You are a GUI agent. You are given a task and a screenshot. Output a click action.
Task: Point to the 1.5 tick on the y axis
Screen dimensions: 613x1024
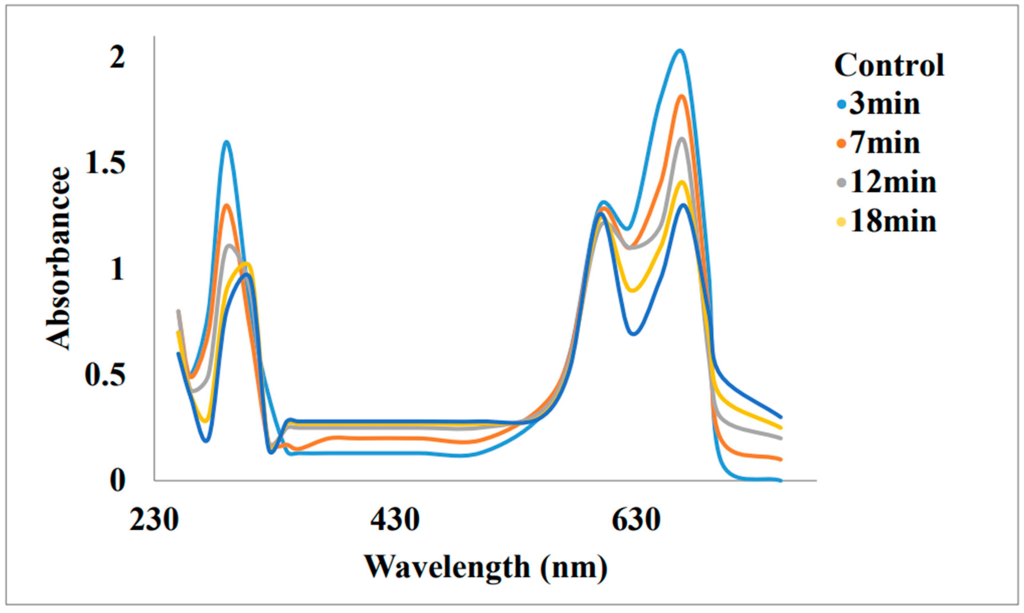pyautogui.click(x=105, y=163)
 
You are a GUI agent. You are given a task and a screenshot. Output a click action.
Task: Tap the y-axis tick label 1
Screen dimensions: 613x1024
pyautogui.click(x=117, y=270)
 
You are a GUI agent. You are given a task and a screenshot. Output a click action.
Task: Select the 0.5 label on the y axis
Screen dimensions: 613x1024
pyautogui.click(x=105, y=375)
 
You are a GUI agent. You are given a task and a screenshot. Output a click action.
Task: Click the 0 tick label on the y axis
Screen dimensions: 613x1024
pyautogui.click(x=117, y=481)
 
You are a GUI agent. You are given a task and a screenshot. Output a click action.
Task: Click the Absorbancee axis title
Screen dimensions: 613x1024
pyautogui.click(x=58, y=258)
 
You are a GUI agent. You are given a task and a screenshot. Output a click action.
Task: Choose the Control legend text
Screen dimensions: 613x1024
pyautogui.click(x=889, y=65)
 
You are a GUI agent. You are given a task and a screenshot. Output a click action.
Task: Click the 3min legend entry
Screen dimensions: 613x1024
pyautogui.click(x=885, y=104)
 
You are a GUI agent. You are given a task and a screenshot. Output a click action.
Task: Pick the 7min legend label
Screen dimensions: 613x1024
pyautogui.click(x=885, y=143)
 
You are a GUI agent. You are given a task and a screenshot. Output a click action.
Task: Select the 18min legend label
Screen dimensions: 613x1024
pyautogui.click(x=893, y=222)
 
